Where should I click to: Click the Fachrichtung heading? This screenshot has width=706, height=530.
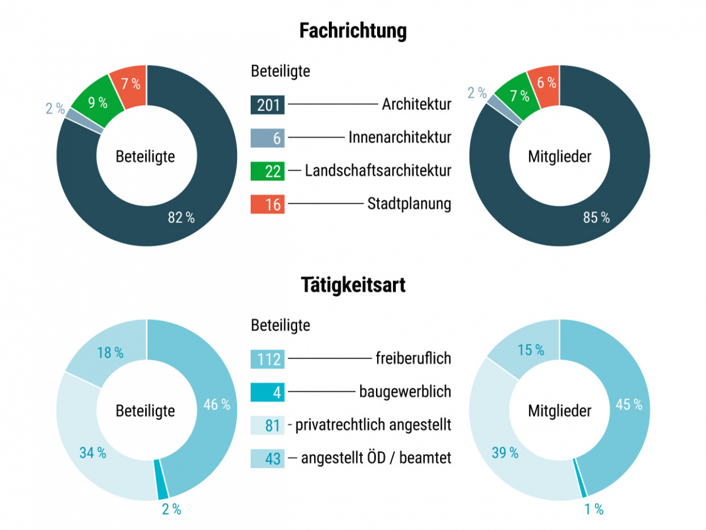point(352,31)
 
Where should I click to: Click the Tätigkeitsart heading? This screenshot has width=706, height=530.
point(352,285)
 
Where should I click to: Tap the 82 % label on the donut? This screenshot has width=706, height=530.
point(181,217)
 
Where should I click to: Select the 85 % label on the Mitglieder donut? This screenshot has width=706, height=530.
point(596,217)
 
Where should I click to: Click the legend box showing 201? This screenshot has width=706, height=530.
point(268,105)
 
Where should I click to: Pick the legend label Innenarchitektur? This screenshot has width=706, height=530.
point(399,138)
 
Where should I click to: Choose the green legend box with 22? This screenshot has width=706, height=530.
point(268,171)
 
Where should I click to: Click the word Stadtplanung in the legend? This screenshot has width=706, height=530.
point(409,204)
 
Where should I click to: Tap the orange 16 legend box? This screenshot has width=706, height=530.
point(268,204)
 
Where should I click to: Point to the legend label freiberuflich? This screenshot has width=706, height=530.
point(413,357)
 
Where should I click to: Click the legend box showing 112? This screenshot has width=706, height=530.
point(268,359)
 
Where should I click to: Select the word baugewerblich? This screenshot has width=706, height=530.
point(405,391)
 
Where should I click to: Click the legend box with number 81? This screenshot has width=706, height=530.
point(268,425)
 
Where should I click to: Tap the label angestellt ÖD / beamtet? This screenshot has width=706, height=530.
point(376,458)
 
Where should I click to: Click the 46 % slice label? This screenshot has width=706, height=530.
point(217,405)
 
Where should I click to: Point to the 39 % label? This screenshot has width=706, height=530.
point(505,453)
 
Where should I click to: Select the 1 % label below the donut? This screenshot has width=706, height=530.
point(594,509)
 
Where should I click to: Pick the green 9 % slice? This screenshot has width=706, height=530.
point(97,102)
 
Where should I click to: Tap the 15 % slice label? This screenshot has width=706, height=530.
point(531,350)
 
